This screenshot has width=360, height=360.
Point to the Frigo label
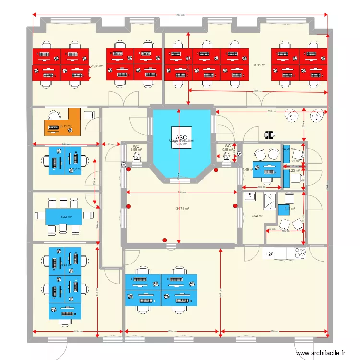point(268,253)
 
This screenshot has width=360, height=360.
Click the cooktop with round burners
point(300,253)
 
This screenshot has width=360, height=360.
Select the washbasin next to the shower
point(250,196)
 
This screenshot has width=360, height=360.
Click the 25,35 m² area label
point(96,66)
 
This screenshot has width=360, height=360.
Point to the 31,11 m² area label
point(259,65)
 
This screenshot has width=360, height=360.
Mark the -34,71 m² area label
point(182,209)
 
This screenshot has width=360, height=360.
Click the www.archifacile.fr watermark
point(321,353)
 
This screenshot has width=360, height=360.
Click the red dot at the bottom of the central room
point(165,240)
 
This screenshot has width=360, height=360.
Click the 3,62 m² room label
point(258,216)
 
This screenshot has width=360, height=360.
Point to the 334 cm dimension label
point(66,144)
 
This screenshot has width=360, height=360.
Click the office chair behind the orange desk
point(52,115)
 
